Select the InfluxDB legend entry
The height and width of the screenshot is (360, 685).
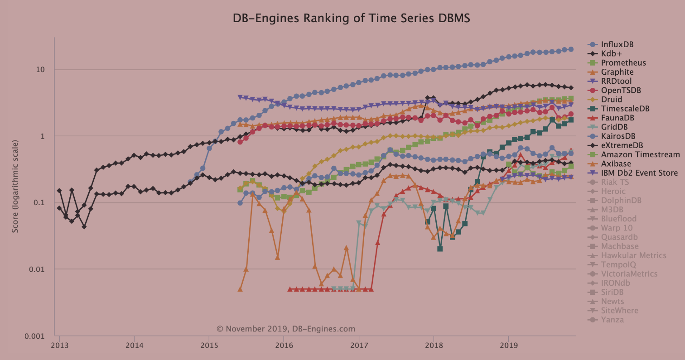coord(617,44)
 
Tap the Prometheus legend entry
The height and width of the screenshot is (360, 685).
coord(623,63)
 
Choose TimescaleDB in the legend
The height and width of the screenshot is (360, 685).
coord(625,109)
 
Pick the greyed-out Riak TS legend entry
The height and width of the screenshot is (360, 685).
coord(615,182)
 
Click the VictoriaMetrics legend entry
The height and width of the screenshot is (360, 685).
coord(629,274)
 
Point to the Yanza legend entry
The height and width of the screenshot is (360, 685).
coord(612,320)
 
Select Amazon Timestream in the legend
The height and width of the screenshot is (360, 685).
coord(640,154)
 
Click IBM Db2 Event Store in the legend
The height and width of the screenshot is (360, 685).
coord(639,173)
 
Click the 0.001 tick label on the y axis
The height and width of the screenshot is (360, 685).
coord(39,336)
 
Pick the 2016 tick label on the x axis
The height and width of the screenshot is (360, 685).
coord(284,345)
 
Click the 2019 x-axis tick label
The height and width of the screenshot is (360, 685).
coord(508,345)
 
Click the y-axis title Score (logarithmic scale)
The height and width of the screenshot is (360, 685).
coord(15,187)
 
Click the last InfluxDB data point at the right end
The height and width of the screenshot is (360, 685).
coord(571,49)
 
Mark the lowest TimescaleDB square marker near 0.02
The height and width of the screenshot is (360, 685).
coord(440,249)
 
